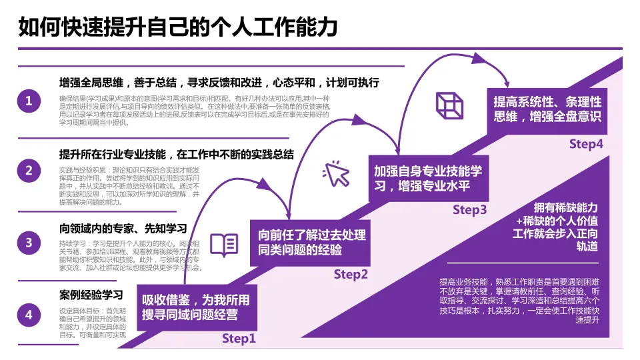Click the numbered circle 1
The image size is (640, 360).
[x=29, y=102]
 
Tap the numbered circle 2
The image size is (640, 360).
[x=29, y=171]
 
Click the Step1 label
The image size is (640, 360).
[x=239, y=339]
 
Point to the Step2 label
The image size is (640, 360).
[x=351, y=274]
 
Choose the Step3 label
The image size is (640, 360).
[x=470, y=210]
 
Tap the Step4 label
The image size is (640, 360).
[x=586, y=144]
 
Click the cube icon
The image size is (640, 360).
[x=449, y=105]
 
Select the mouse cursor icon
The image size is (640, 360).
[x=336, y=174]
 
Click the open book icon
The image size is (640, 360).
[x=224, y=245]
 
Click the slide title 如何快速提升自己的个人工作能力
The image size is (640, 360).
[x=178, y=27]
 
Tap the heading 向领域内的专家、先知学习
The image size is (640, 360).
[x=123, y=227]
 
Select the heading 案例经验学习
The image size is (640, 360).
[x=91, y=295]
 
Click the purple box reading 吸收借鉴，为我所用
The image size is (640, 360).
[x=196, y=307]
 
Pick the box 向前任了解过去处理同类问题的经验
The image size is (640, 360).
[x=311, y=243]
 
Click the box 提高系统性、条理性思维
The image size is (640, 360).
[x=547, y=109]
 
